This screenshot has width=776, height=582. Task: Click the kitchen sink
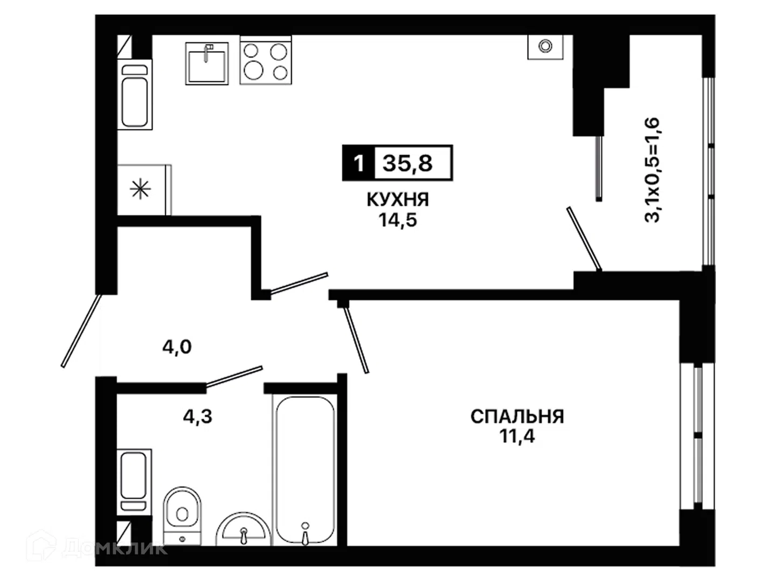(207, 64)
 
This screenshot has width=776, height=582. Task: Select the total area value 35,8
(407, 163)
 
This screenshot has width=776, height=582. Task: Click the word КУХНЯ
(398, 200)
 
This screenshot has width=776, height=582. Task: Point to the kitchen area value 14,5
(398, 220)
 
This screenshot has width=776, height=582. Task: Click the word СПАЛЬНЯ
(517, 417)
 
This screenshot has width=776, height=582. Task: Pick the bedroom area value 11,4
(517, 436)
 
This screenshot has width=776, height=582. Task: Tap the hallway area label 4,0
(177, 347)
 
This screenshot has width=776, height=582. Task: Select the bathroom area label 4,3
(198, 417)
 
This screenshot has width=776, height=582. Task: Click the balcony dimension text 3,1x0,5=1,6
(652, 170)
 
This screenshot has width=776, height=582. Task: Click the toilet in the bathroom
(182, 516)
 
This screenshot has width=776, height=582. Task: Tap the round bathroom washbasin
(243, 529)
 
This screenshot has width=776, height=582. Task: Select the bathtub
(305, 470)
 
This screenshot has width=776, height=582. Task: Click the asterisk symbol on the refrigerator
(140, 190)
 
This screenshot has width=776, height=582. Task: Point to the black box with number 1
(358, 163)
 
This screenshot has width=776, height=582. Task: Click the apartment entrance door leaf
(81, 331)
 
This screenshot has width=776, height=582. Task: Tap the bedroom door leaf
(357, 340)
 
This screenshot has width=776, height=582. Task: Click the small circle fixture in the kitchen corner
(545, 46)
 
